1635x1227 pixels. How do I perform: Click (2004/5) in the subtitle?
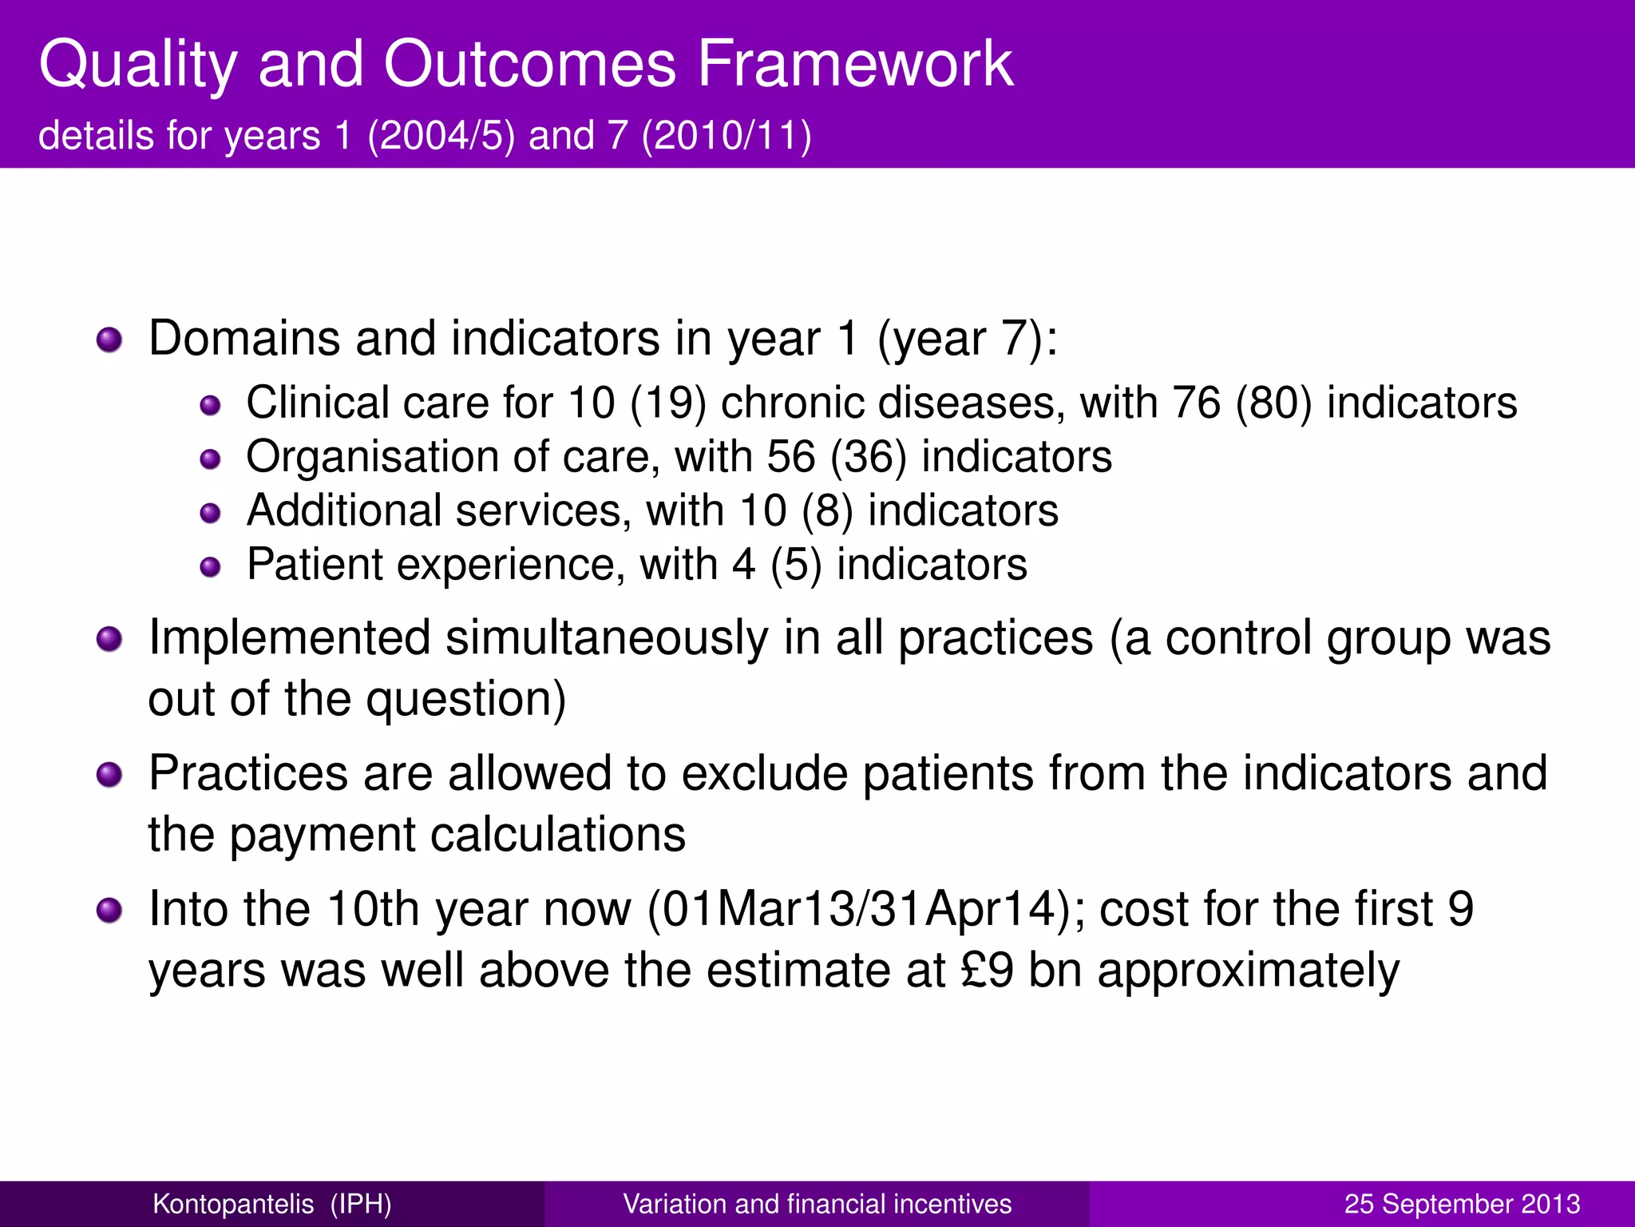[441, 135]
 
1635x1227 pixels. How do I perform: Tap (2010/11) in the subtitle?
[726, 135]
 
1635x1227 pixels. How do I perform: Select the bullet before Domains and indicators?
[109, 340]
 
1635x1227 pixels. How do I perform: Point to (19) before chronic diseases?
[668, 403]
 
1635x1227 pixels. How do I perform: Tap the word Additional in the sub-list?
[343, 510]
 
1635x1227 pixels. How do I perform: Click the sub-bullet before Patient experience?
[210, 566]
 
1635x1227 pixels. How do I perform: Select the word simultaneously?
[606, 639]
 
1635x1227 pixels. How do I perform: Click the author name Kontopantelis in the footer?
[233, 1204]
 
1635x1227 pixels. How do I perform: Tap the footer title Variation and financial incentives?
[817, 1204]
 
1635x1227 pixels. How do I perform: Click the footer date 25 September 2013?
[1462, 1204]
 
